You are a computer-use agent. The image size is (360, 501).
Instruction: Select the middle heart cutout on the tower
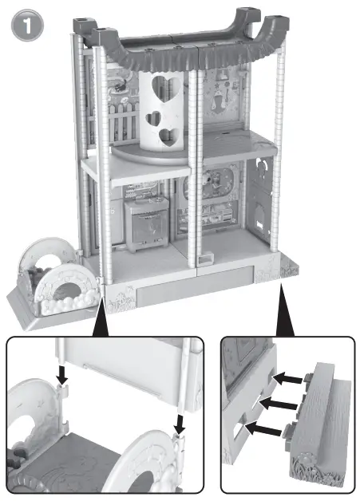(152, 117)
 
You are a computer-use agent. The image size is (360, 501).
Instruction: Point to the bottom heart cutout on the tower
(168, 137)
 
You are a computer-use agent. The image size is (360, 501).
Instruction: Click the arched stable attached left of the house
(57, 279)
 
